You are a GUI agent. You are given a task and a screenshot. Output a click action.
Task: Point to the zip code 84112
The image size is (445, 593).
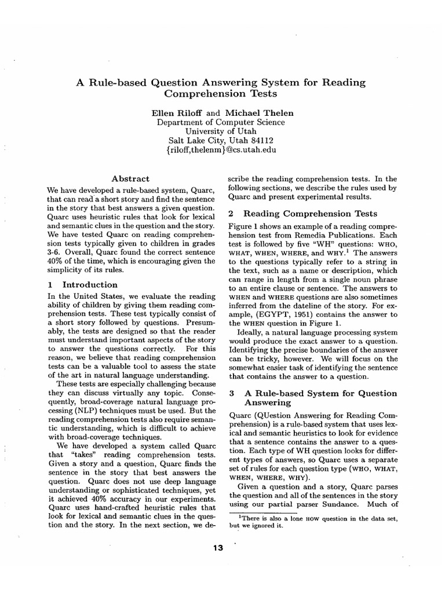tap(261, 140)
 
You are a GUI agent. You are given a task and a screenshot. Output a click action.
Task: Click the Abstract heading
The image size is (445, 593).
tap(130, 179)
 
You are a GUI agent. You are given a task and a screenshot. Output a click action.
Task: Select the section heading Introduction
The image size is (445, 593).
tap(89, 285)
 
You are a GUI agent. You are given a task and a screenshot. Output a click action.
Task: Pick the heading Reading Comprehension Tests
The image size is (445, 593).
tap(311, 214)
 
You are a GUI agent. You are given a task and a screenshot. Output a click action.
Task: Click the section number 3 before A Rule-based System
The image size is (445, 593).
tap(231, 393)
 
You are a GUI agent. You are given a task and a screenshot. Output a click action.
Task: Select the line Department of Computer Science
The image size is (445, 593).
tap(221, 122)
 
